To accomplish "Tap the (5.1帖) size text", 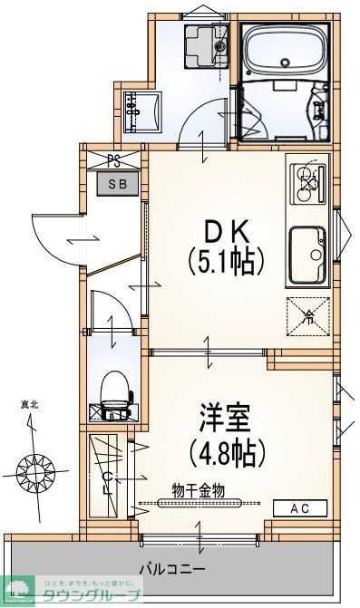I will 225,264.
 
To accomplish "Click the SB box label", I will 118,184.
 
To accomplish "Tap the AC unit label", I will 299,509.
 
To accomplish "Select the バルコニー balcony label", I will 171,569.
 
